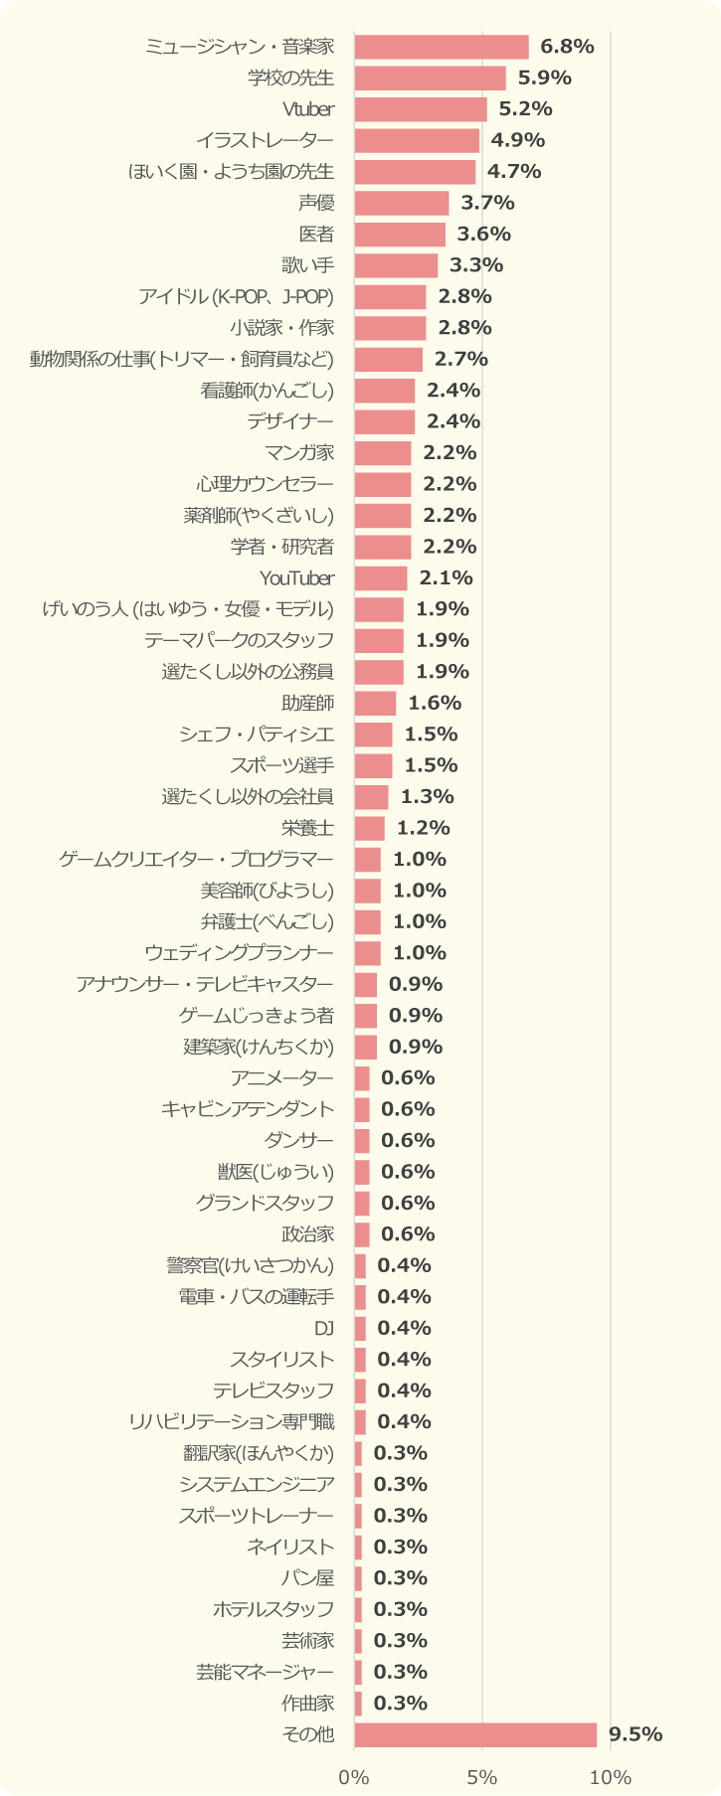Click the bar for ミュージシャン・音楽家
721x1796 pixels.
pyautogui.click(x=442, y=47)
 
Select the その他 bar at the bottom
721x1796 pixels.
pyautogui.click(x=475, y=1734)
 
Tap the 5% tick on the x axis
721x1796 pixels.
pyautogui.click(x=482, y=1777)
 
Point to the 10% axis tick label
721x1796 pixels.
pyautogui.click(x=610, y=1777)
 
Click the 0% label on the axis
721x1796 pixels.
pyautogui.click(x=354, y=1777)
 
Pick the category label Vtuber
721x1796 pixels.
pyautogui.click(x=308, y=109)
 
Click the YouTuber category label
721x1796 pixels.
pyautogui.click(x=296, y=577)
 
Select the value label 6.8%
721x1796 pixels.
pyautogui.click(x=567, y=47)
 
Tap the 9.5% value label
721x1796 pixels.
pyautogui.click(x=635, y=1734)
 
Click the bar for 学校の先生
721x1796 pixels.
pyautogui.click(x=430, y=78)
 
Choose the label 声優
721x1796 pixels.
pyautogui.click(x=316, y=203)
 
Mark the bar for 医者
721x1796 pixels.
pyautogui.click(x=400, y=235)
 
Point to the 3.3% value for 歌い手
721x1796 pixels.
pyautogui.click(x=476, y=265)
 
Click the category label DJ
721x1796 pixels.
pyautogui.click(x=324, y=1328)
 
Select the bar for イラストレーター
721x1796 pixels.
pyautogui.click(x=417, y=140)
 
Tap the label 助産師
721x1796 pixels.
pyautogui.click(x=307, y=703)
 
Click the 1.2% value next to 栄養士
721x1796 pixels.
pyautogui.click(x=423, y=828)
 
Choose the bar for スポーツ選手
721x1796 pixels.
pyautogui.click(x=373, y=765)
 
